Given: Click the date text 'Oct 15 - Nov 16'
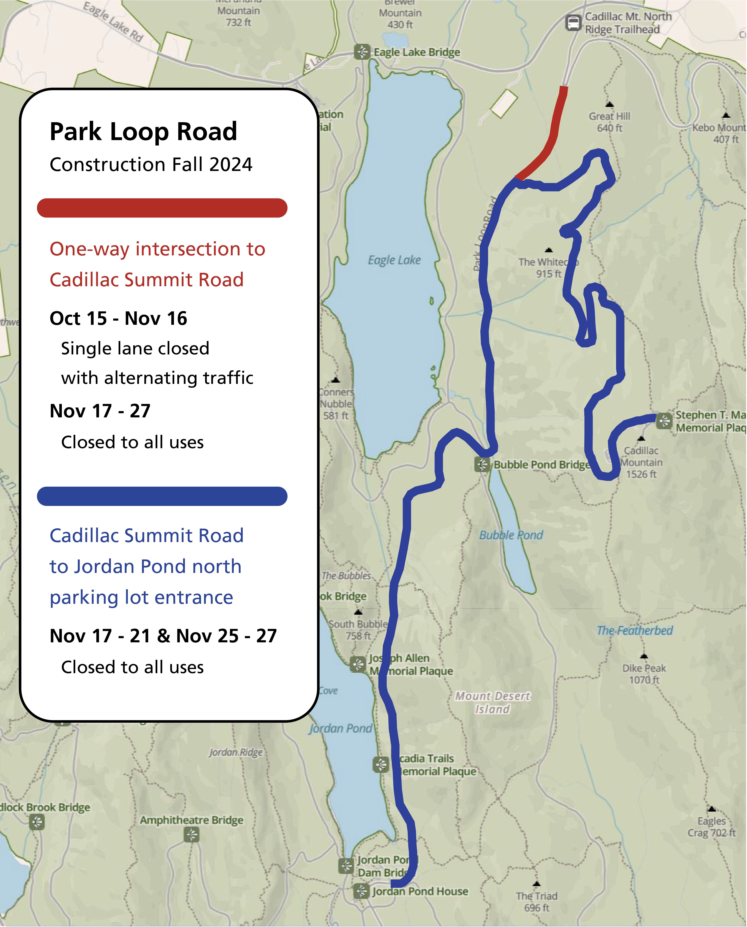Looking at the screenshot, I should (x=118, y=319).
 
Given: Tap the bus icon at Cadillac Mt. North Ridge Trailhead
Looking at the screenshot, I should (x=573, y=22).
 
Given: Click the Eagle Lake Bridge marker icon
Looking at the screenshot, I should (x=362, y=52).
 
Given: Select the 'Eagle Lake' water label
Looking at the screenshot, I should (x=394, y=260).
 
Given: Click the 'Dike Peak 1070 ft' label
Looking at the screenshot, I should (x=644, y=674).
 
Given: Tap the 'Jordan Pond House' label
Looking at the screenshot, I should (x=420, y=891).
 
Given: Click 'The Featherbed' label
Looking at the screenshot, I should (x=635, y=631).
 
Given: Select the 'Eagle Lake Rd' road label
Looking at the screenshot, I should (x=113, y=22).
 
